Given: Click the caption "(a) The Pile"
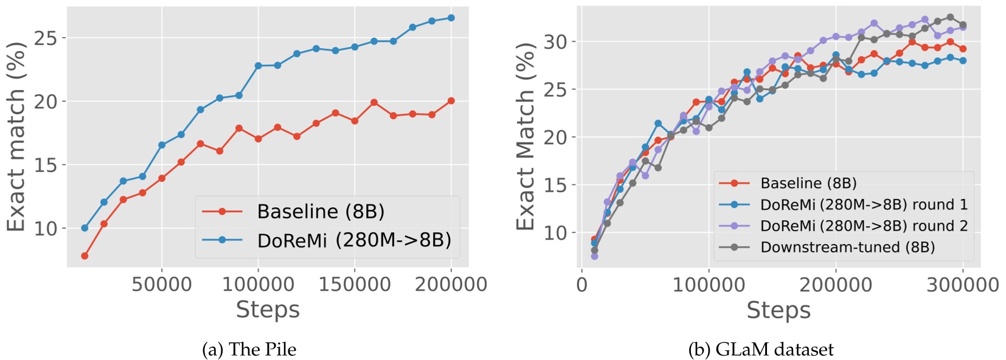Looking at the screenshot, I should click(249, 349).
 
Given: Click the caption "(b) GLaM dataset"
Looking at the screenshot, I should click(761, 349).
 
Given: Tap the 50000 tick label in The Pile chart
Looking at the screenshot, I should click(162, 284).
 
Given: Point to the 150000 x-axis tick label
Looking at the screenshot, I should click(355, 284).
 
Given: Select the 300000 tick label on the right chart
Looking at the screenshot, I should click(962, 285).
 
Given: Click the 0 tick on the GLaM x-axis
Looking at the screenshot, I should click(582, 285).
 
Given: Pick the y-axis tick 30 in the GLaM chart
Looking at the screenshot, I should click(555, 42).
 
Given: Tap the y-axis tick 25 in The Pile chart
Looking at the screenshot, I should click(46, 38).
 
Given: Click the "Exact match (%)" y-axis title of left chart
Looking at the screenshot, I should click(16, 137).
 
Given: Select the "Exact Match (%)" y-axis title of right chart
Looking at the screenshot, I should click(526, 137).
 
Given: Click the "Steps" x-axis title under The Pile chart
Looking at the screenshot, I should click(268, 310).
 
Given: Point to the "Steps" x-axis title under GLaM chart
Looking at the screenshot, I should click(779, 310).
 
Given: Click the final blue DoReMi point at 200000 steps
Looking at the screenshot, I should click(451, 18).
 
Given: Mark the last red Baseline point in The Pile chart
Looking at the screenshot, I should click(451, 101).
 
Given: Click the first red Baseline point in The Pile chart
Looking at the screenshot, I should click(85, 256).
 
